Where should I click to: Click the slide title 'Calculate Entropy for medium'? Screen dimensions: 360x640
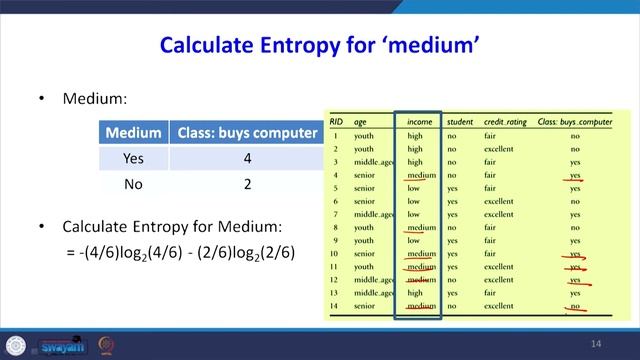(x=320, y=44)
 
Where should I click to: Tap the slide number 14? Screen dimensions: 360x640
(x=596, y=344)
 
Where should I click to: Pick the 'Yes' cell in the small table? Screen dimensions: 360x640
(x=133, y=158)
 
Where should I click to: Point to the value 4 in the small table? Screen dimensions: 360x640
(x=245, y=158)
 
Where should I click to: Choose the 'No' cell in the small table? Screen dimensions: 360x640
(x=133, y=184)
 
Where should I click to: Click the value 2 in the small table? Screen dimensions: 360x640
(x=245, y=184)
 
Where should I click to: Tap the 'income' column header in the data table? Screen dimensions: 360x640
(x=419, y=122)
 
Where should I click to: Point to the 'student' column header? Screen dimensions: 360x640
(x=460, y=122)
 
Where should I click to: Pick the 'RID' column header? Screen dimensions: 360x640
(x=338, y=122)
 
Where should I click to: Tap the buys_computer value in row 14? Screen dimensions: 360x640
(x=575, y=305)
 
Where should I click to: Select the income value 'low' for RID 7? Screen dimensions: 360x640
(x=413, y=214)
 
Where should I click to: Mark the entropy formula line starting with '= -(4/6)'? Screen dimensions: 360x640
(x=181, y=253)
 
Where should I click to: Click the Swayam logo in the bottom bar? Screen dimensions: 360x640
(x=62, y=346)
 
